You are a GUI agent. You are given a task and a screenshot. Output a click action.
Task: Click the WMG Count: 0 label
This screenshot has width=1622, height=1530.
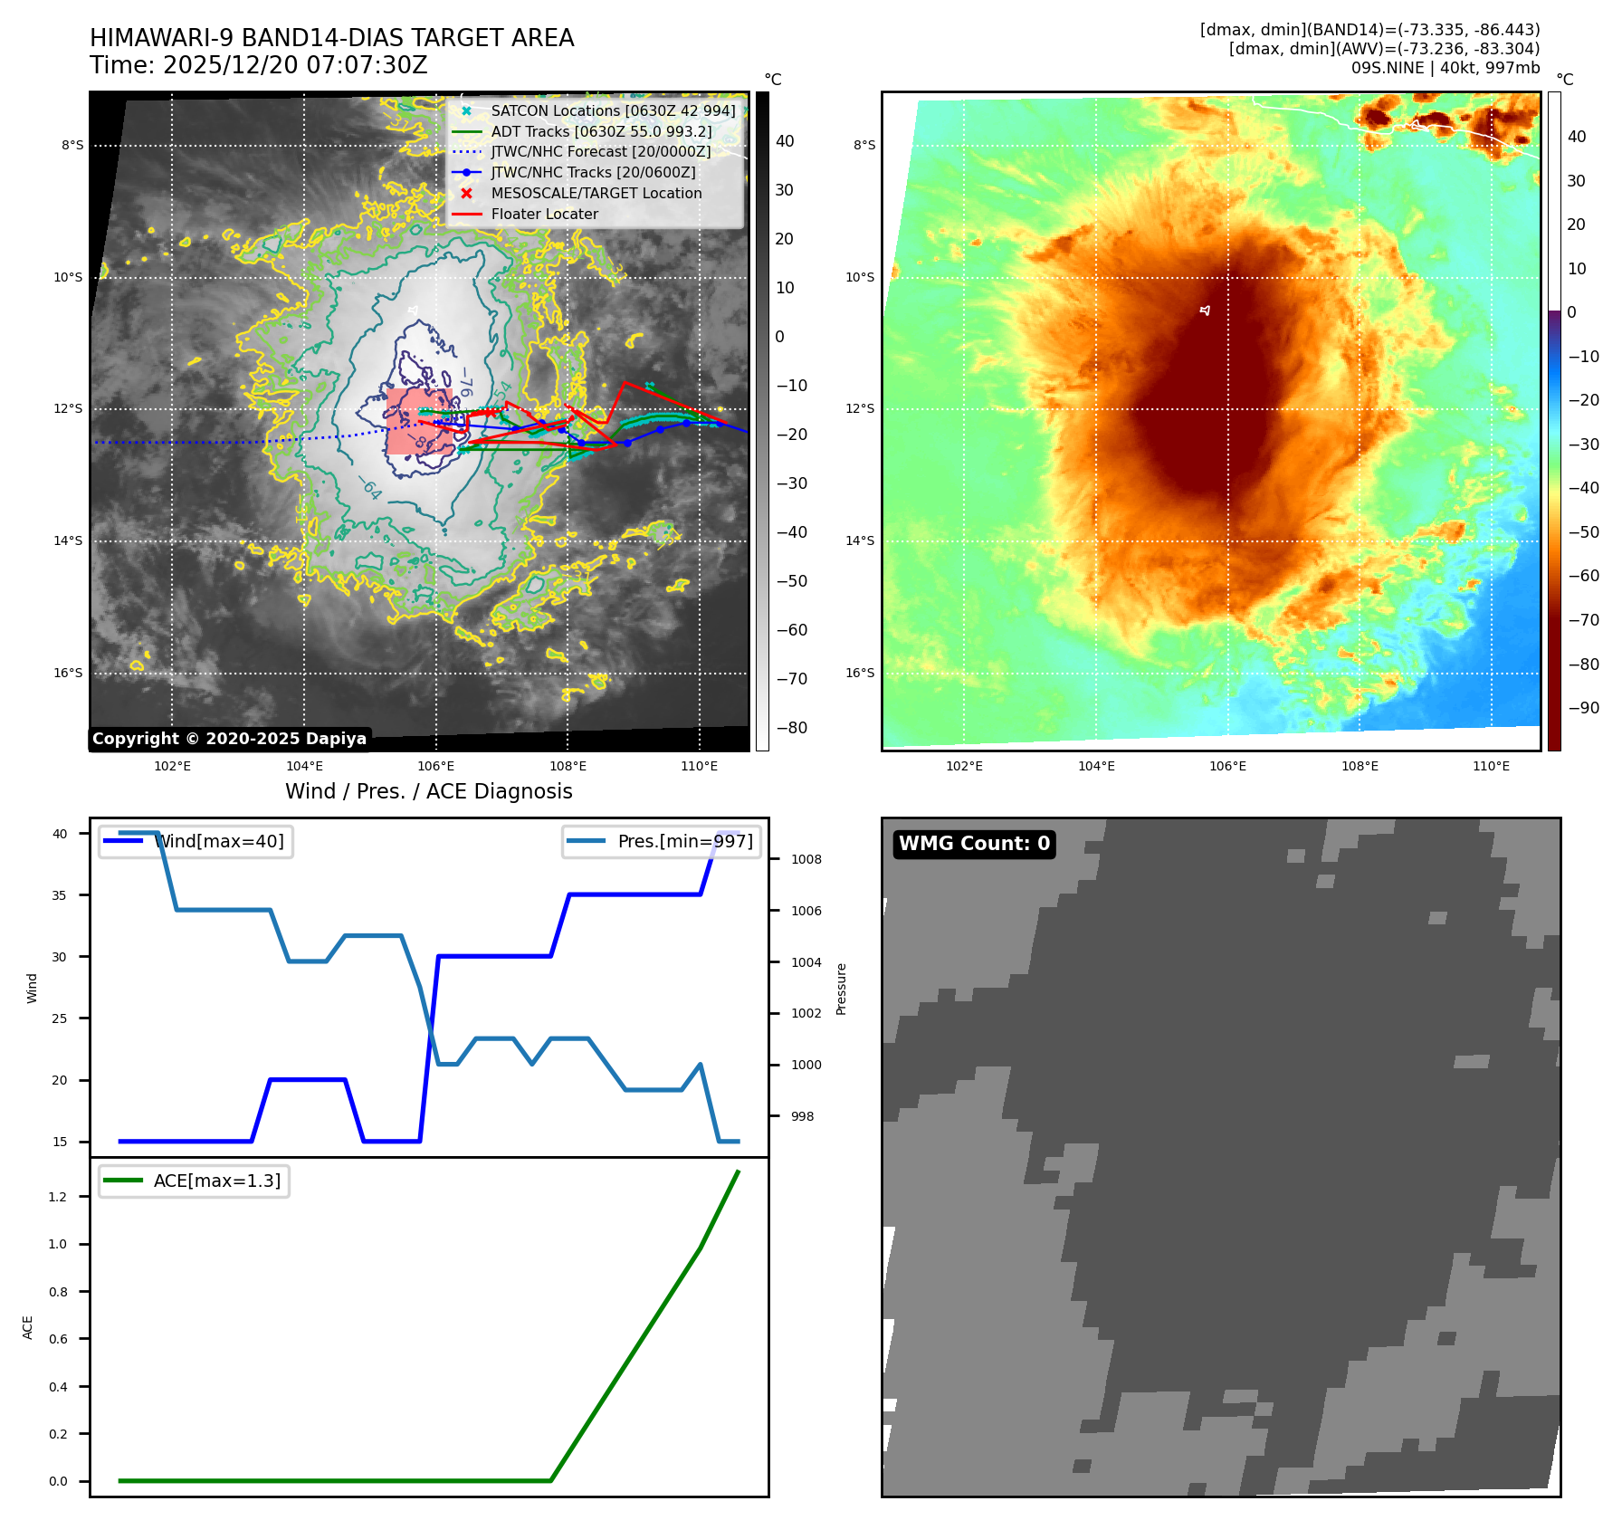974,844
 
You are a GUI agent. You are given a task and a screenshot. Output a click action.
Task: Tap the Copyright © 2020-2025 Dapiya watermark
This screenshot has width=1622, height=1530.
229,739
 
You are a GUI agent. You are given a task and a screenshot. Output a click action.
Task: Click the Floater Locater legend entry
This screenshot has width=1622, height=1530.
544,214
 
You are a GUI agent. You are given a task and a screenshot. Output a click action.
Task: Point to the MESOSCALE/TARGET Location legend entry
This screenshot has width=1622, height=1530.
596,193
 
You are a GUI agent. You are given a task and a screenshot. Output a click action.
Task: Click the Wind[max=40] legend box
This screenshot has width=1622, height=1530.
196,841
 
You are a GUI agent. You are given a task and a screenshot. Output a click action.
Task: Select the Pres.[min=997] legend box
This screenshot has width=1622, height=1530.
662,841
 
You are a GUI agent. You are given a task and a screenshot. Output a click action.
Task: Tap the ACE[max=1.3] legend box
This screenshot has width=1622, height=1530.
194,1181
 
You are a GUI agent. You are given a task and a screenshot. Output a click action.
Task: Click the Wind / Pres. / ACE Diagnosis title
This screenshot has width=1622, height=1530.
428,791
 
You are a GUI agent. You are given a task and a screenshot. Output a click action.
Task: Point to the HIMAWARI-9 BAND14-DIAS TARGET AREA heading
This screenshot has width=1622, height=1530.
331,38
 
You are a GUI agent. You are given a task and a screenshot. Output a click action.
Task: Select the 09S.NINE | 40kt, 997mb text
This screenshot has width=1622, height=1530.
1445,68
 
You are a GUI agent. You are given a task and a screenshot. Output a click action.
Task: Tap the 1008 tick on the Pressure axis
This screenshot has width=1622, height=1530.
806,859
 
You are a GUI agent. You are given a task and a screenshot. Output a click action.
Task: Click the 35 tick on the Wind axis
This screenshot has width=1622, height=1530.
60,895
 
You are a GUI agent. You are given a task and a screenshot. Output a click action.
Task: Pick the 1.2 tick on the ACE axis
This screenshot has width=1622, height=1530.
58,1197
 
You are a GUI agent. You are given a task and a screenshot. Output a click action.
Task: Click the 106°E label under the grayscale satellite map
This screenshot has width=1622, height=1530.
436,766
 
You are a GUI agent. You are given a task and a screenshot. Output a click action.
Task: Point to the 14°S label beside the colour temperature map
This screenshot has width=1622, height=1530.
860,541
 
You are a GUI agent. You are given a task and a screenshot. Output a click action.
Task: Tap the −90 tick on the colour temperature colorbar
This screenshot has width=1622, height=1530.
1583,708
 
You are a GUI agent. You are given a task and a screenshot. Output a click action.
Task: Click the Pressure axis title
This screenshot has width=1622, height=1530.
842,989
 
